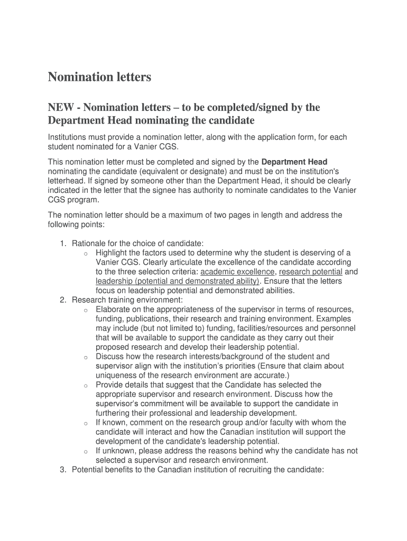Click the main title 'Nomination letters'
click(99, 77)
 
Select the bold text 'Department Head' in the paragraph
click(294, 162)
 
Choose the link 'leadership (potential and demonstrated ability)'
click(178, 281)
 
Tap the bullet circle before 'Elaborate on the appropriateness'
click(86, 310)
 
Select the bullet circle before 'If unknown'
click(86, 452)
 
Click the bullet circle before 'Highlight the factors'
click(86, 254)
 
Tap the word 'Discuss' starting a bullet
click(109, 357)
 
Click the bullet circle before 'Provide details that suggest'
click(86, 386)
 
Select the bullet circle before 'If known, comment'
click(86, 423)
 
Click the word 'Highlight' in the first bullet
click(113, 253)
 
